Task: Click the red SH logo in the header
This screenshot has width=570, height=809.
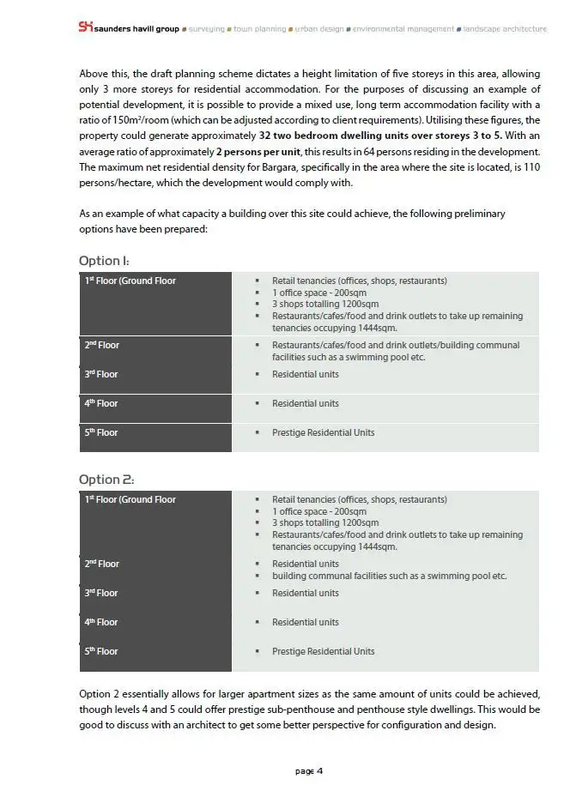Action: point(85,27)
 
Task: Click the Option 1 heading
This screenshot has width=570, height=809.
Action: point(104,261)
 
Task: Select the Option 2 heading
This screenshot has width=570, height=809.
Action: point(106,480)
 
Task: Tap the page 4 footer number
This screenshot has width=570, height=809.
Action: point(309,771)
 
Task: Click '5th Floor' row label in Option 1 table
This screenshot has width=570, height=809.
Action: point(101,432)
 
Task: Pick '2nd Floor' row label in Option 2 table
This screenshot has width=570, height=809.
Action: point(101,564)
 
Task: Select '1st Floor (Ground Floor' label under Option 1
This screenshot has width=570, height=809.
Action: point(130,281)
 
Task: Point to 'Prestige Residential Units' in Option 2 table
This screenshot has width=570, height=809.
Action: point(323,651)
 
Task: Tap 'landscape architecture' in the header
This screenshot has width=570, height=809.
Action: point(505,29)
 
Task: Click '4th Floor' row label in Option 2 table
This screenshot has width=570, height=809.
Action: point(101,622)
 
